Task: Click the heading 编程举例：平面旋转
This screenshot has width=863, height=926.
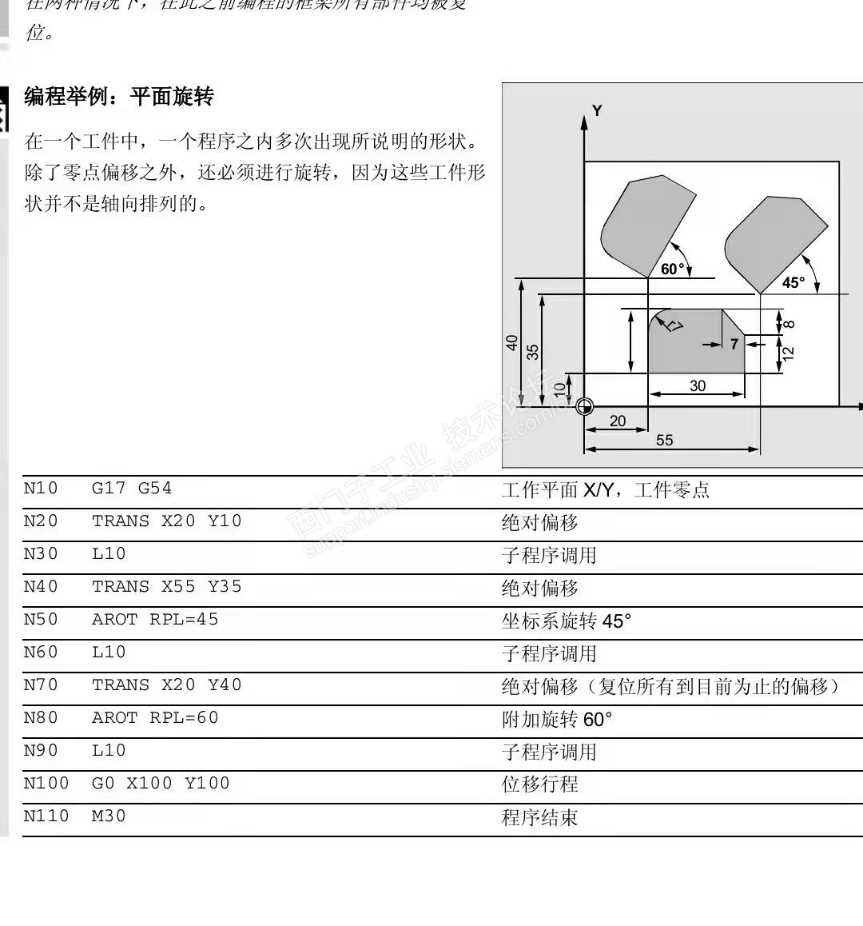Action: click(x=119, y=98)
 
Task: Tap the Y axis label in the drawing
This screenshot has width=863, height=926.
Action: click(x=597, y=111)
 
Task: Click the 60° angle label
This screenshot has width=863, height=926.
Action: click(x=673, y=269)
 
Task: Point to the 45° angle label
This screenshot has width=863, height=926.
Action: click(x=793, y=282)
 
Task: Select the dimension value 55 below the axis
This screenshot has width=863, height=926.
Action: click(x=665, y=440)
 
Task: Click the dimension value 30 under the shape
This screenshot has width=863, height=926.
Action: click(x=698, y=385)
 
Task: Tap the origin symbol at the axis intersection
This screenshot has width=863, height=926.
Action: click(x=585, y=406)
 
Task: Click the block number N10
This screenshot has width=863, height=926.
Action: click(x=41, y=489)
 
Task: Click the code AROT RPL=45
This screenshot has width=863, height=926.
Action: click(x=155, y=620)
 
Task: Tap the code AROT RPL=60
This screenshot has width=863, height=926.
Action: click(x=155, y=718)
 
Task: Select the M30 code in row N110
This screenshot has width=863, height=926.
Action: click(x=109, y=816)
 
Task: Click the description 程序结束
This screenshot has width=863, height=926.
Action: click(x=539, y=817)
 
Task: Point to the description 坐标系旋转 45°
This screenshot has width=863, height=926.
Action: click(x=566, y=621)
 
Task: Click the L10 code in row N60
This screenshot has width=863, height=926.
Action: click(x=109, y=653)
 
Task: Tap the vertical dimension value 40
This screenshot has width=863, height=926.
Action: click(x=512, y=342)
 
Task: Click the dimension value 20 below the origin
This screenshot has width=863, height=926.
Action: click(x=618, y=421)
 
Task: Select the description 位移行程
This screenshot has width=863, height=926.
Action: click(x=539, y=784)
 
